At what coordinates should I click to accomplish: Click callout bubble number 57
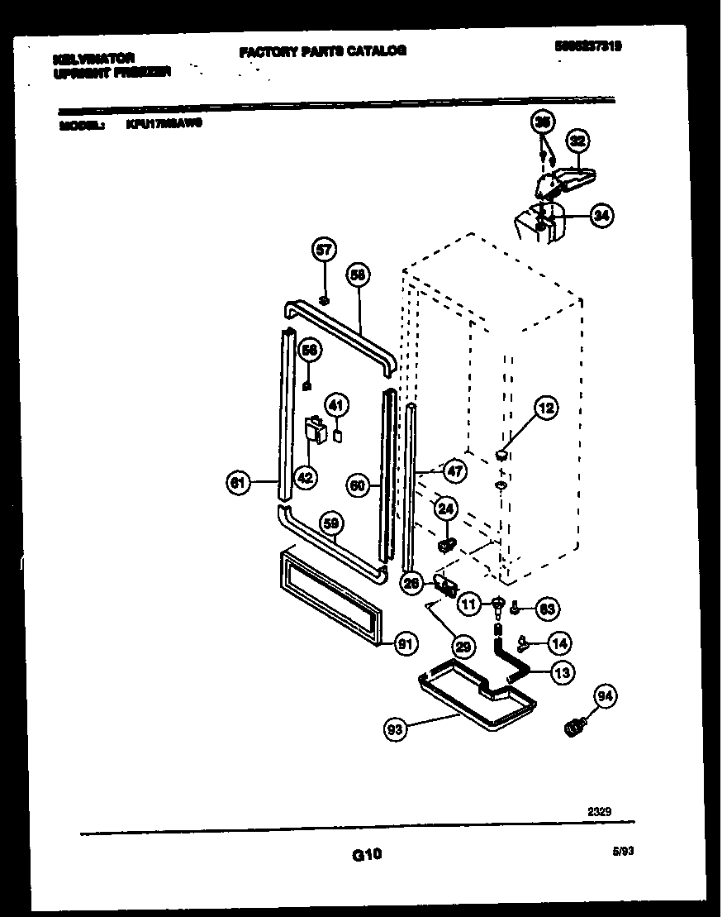click(x=325, y=249)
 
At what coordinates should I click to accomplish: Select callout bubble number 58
click(x=357, y=276)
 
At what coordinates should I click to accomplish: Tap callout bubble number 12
click(x=545, y=407)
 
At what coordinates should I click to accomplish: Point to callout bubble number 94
click(x=606, y=697)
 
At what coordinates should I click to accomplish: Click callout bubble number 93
click(x=397, y=729)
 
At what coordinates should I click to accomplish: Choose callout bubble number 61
click(x=238, y=482)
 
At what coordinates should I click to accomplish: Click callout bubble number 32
click(x=577, y=141)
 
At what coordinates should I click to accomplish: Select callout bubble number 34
click(x=602, y=217)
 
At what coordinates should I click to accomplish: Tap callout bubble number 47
click(x=454, y=471)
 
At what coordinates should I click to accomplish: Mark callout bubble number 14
click(x=561, y=642)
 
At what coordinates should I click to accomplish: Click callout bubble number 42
click(x=305, y=476)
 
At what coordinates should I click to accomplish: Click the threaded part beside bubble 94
click(x=572, y=727)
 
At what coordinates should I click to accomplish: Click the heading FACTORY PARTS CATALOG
click(x=322, y=51)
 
